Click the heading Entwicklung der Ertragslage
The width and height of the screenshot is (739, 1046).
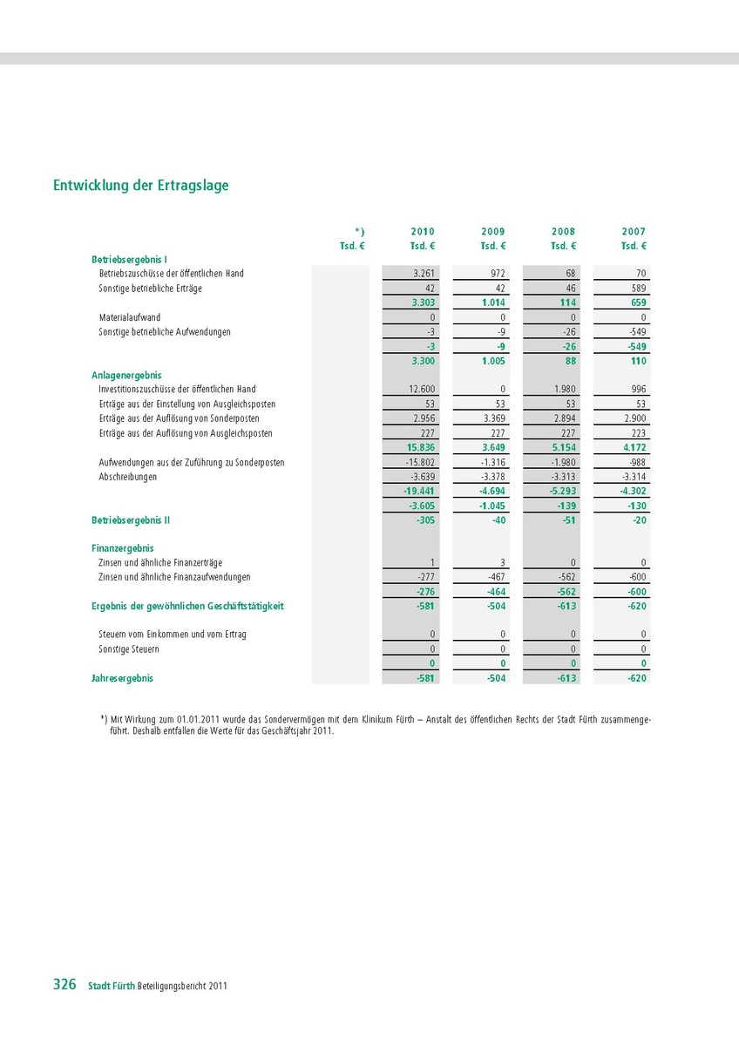pyautogui.click(x=141, y=186)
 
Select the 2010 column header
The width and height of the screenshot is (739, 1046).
pyautogui.click(x=423, y=232)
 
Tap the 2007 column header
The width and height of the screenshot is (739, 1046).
pyautogui.click(x=634, y=232)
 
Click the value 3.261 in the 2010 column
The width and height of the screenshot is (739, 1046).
pyautogui.click(x=424, y=274)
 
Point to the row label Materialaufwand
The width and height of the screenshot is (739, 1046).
pyautogui.click(x=130, y=317)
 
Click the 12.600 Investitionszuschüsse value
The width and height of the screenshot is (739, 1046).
pyautogui.click(x=423, y=390)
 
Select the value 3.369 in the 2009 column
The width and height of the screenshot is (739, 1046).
pyautogui.click(x=493, y=418)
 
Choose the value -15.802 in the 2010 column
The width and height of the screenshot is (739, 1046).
pyautogui.click(x=421, y=462)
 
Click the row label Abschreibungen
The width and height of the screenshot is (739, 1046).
pyautogui.click(x=128, y=477)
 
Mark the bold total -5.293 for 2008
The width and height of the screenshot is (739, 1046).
pyautogui.click(x=562, y=491)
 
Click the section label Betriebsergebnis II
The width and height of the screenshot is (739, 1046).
pyautogui.click(x=131, y=520)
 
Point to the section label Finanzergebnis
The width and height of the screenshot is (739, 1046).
pyautogui.click(x=123, y=548)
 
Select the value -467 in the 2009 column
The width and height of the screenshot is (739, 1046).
pyautogui.click(x=496, y=577)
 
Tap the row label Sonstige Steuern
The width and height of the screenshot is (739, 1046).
pyautogui.click(x=129, y=649)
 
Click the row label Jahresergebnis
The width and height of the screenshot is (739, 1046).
pyautogui.click(x=122, y=677)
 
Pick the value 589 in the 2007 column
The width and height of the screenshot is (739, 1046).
pyautogui.click(x=637, y=289)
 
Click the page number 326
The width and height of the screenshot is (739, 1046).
pyautogui.click(x=64, y=985)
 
